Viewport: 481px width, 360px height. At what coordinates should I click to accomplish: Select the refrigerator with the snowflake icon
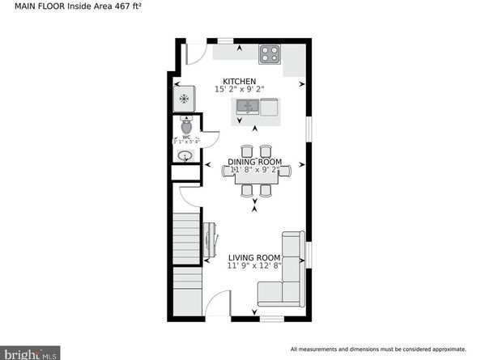185,99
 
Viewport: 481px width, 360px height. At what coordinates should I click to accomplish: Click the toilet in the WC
186,126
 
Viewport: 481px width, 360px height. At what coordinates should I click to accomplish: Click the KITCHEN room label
240,82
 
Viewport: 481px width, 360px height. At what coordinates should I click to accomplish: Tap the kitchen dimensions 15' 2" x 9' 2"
240,90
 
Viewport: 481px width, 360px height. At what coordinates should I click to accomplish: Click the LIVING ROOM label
253,257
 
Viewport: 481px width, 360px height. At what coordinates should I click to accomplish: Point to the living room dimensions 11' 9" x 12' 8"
253,265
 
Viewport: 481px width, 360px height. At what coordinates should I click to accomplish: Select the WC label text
185,137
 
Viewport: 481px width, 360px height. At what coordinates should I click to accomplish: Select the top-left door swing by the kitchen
194,52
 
